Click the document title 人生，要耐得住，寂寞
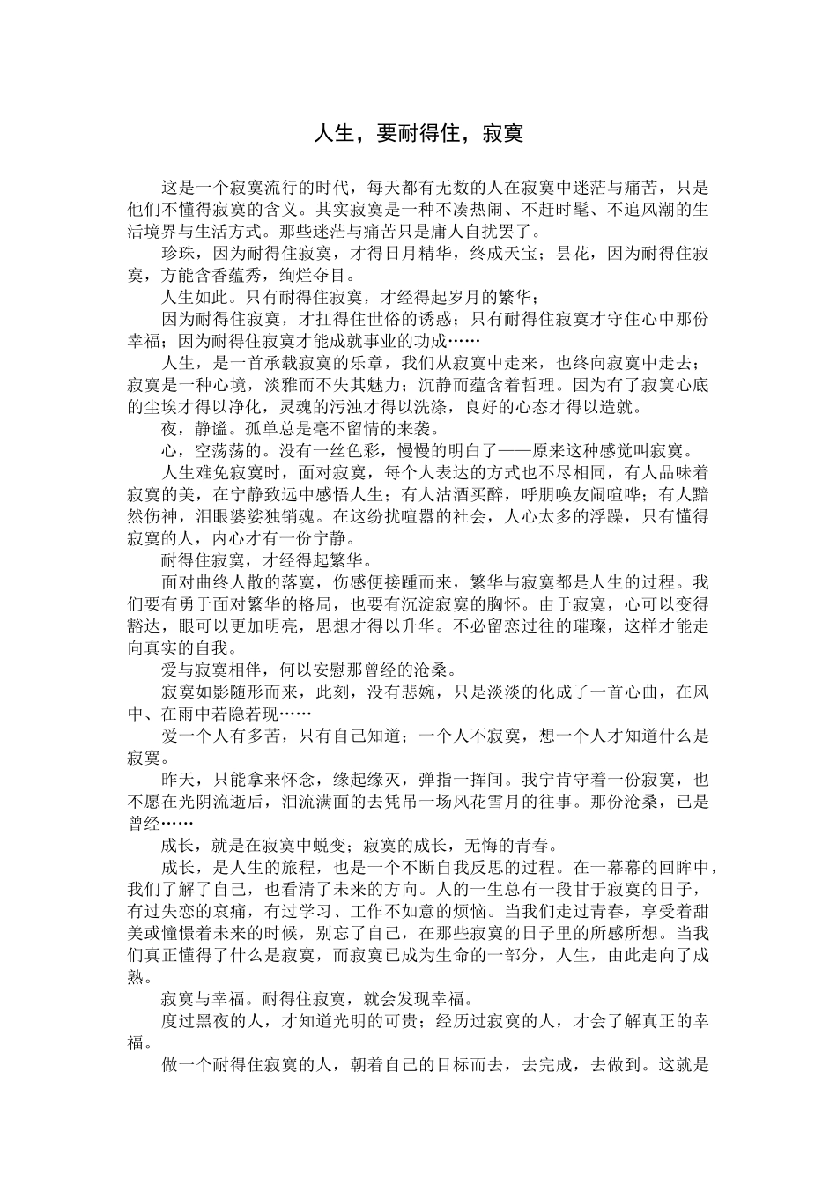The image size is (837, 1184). click(418, 134)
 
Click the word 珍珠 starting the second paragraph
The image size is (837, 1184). click(182, 254)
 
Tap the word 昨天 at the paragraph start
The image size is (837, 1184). click(182, 780)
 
